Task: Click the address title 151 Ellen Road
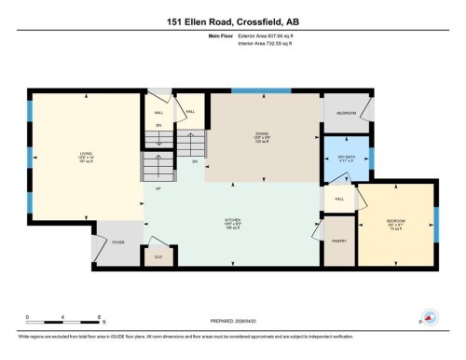232,20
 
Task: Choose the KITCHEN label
233,224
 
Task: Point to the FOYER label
117,241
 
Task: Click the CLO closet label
159,255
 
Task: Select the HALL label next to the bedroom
340,199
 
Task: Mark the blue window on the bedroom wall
435,221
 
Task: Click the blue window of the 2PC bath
370,157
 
